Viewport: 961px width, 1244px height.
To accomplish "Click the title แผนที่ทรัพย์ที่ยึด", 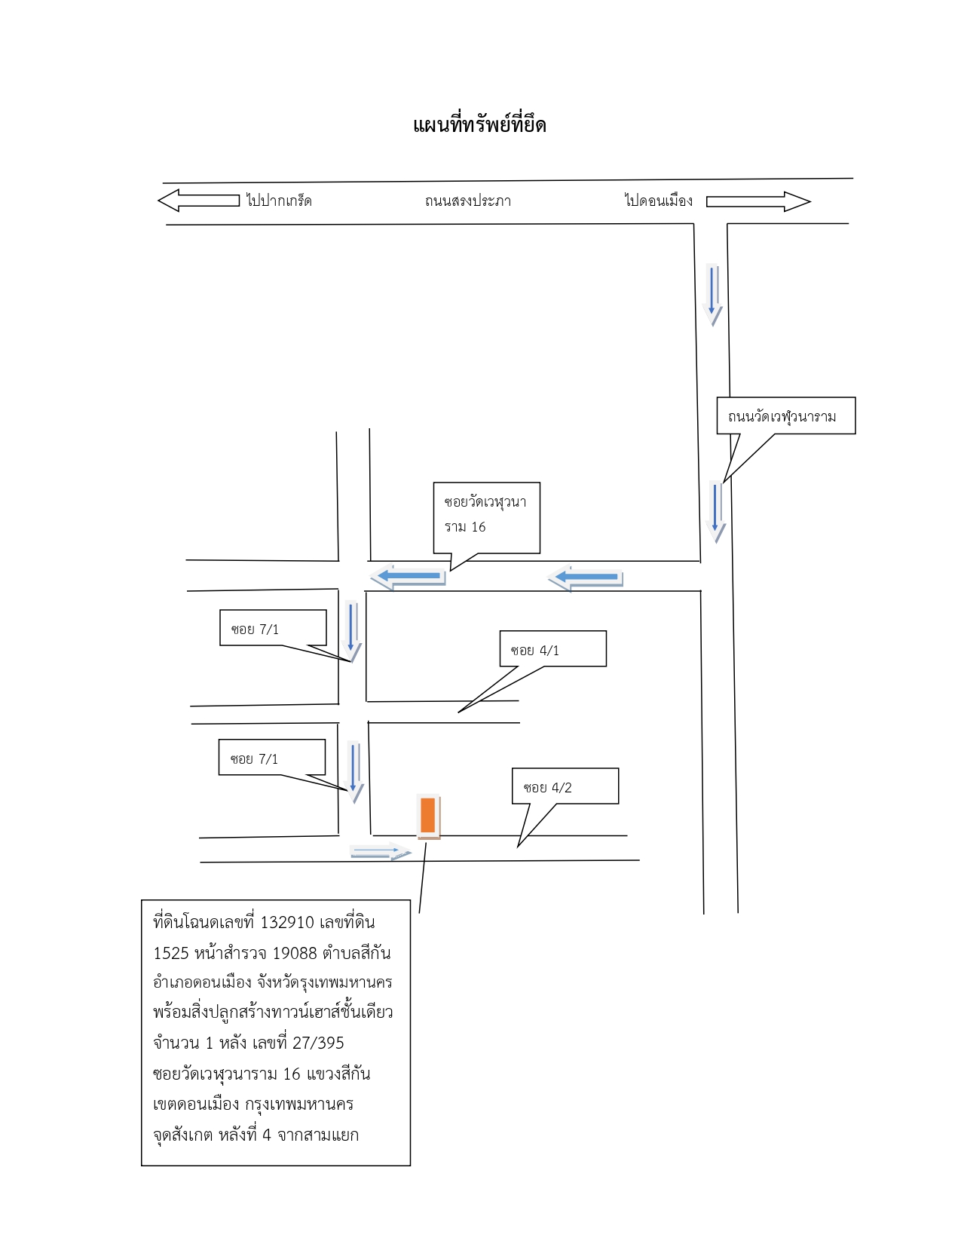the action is (479, 124).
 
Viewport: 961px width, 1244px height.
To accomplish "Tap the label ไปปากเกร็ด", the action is (279, 201).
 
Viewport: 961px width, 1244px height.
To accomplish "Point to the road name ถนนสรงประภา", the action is (467, 201).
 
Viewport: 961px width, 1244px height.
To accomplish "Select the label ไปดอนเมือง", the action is (658, 200).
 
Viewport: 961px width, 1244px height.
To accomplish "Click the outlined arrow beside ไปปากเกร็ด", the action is (198, 201).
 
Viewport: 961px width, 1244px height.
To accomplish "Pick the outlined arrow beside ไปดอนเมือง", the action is (758, 201).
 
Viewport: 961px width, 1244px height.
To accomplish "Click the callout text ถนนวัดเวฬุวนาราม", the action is (782, 417).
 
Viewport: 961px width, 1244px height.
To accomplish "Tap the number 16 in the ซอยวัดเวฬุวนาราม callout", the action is (478, 527).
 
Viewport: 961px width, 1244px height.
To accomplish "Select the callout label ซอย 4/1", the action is (534, 651).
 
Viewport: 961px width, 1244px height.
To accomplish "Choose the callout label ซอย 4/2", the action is (548, 788).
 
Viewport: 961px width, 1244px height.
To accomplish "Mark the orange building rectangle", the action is (428, 815).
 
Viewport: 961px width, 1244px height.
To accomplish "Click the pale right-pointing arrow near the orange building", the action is (380, 851).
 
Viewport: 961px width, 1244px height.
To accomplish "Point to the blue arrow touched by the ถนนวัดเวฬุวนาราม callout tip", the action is (715, 511).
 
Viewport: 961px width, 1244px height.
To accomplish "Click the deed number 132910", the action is (286, 922).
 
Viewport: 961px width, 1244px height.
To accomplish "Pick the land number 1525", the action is (170, 953).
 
